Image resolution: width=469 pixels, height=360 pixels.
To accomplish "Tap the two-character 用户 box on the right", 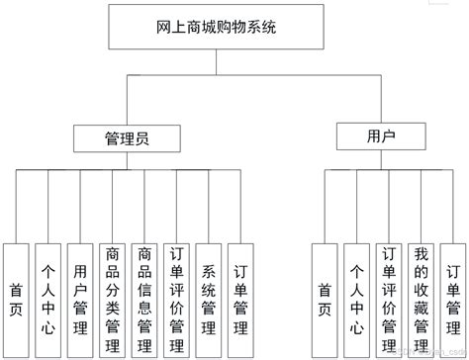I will coord(380,134).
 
